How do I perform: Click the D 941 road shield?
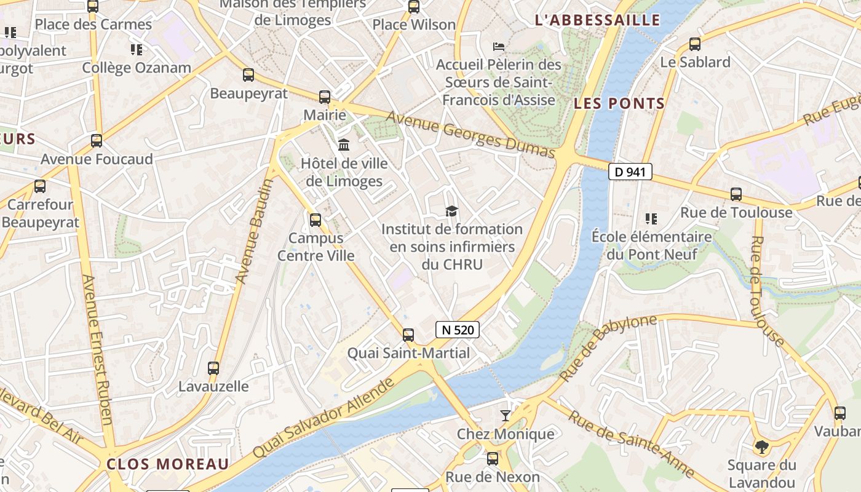click(x=630, y=172)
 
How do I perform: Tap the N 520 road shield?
click(x=458, y=330)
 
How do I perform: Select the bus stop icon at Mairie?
click(x=324, y=97)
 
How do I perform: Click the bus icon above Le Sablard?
click(x=694, y=44)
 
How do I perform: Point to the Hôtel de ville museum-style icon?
click(x=344, y=145)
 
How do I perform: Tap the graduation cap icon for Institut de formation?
click(x=452, y=212)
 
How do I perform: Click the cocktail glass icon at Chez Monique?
click(x=505, y=416)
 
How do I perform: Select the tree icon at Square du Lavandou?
click(x=761, y=446)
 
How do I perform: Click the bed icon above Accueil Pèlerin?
click(x=499, y=47)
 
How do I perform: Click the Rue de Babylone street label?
click(x=608, y=347)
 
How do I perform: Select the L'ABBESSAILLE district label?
click(x=597, y=20)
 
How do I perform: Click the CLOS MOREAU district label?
click(x=167, y=464)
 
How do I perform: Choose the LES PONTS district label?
click(x=619, y=103)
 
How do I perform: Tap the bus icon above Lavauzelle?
click(x=213, y=368)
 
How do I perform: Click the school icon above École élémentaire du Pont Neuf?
click(x=651, y=218)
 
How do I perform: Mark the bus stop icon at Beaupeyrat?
click(x=248, y=75)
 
